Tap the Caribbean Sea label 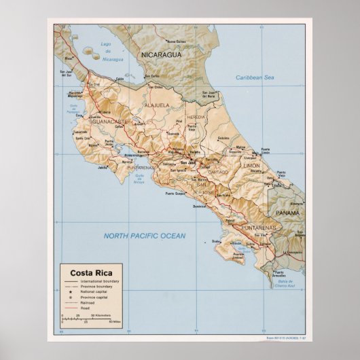click(255, 78)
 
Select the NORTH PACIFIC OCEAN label click(144, 236)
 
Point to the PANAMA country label click(287, 213)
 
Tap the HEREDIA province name click(195, 118)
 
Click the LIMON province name click(251, 165)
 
